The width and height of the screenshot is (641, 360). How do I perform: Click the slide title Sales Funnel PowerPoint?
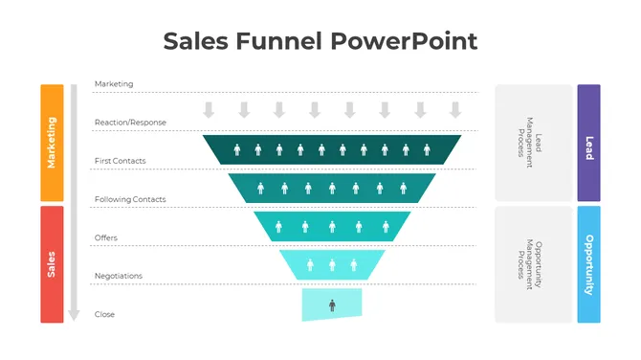(x=320, y=41)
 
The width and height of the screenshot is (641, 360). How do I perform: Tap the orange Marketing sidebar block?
(x=52, y=142)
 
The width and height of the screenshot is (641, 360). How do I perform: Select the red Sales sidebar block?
(x=52, y=263)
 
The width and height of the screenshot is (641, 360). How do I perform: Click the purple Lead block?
(x=588, y=142)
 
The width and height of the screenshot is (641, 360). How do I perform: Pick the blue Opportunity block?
(x=588, y=263)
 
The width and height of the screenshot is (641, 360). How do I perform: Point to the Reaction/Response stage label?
(x=130, y=123)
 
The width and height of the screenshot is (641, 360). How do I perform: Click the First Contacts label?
(x=121, y=161)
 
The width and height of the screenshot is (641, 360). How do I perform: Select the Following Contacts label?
(x=130, y=199)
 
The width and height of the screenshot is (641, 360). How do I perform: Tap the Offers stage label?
(x=106, y=237)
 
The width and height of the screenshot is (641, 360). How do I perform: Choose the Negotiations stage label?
(x=119, y=276)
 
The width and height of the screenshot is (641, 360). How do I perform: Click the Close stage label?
(x=104, y=314)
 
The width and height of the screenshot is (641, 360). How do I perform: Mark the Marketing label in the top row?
(x=114, y=84)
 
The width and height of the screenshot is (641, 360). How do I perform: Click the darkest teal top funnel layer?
(x=332, y=149)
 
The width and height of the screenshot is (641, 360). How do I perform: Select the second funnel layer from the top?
(x=332, y=188)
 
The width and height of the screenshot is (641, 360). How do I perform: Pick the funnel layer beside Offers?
(x=332, y=226)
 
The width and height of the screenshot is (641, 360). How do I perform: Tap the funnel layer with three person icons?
(x=332, y=264)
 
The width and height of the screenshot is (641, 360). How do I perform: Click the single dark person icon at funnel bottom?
(x=332, y=305)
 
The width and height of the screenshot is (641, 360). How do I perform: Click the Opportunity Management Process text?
(x=533, y=263)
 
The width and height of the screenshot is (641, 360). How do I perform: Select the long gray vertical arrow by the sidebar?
(x=72, y=201)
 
